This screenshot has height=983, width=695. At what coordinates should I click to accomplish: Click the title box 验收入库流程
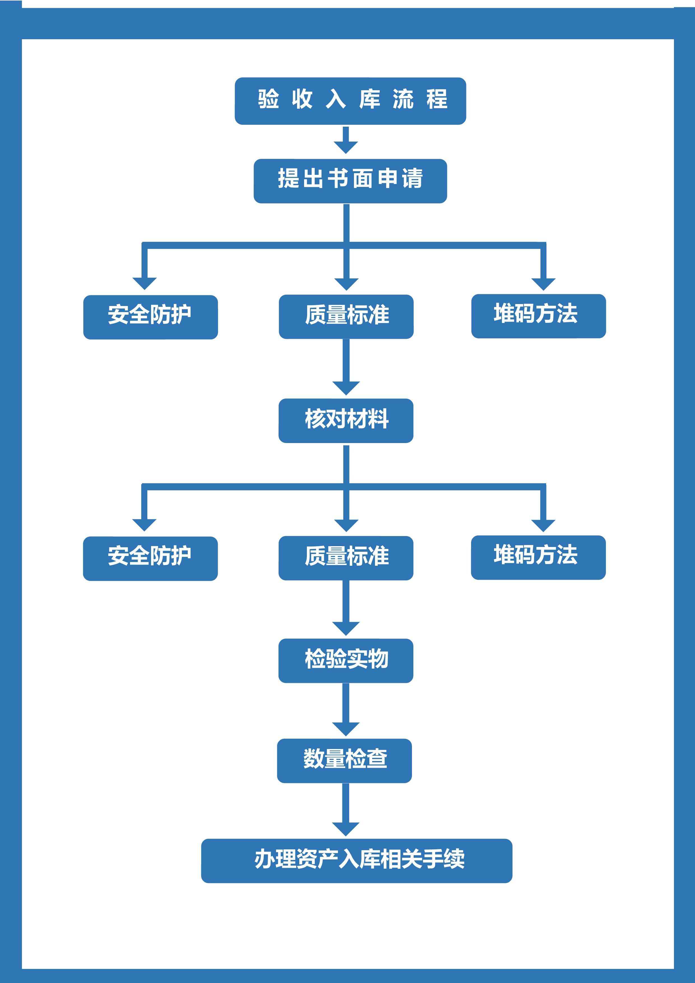point(350,101)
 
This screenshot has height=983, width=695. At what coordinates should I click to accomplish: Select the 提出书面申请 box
point(350,181)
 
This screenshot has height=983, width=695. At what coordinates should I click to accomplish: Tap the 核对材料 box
point(346,421)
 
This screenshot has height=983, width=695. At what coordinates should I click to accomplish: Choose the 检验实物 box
point(346,661)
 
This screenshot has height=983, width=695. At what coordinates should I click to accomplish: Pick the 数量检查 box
point(345,761)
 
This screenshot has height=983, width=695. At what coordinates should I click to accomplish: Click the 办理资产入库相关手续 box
point(357,861)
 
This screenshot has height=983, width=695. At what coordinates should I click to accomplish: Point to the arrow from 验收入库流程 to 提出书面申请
point(346,140)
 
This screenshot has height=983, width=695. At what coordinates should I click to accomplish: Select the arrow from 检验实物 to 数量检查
point(346,710)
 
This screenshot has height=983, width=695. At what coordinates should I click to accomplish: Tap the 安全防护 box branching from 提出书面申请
point(150,317)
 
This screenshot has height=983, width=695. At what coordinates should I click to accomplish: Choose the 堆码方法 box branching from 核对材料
point(538,557)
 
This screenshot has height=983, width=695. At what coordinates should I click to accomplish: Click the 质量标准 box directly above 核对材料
point(346,317)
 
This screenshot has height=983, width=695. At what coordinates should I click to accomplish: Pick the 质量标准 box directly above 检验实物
point(346,558)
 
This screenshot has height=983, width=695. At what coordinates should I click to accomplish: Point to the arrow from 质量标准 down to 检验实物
point(346,608)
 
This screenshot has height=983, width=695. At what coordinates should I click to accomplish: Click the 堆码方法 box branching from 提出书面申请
point(539,316)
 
